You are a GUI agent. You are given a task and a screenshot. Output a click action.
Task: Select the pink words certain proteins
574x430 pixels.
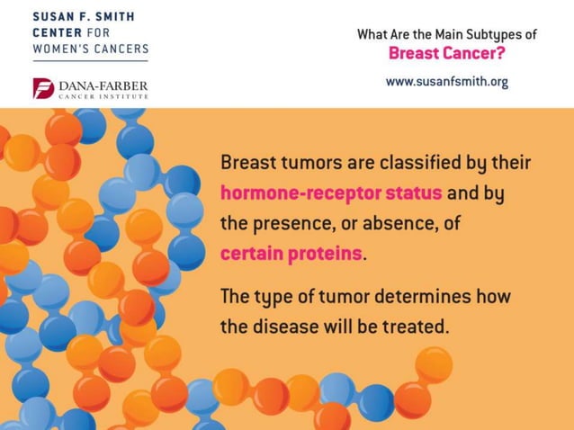point(291,253)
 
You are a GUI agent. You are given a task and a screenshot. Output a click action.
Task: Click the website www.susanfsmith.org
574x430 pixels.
point(446,81)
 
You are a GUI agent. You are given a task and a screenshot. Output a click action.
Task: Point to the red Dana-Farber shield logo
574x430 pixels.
point(43,88)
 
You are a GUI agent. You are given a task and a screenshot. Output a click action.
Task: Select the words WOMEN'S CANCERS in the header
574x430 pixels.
point(90,48)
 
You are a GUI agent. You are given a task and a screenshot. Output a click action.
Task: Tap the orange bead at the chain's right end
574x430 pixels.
point(434,364)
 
